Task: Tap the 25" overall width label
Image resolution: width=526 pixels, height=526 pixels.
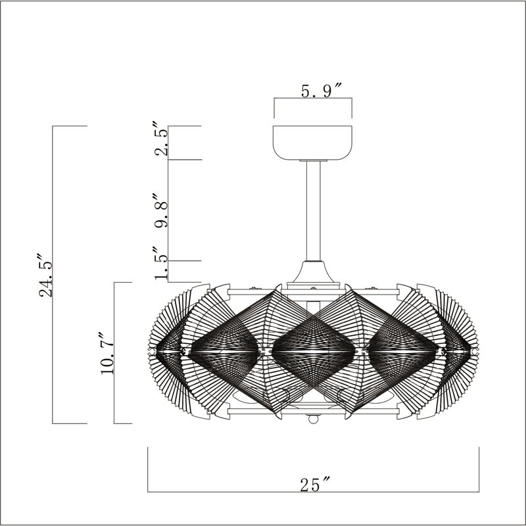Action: (314, 485)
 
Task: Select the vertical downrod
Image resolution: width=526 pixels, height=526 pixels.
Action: (314, 210)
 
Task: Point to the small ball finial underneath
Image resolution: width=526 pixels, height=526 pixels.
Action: (314, 419)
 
